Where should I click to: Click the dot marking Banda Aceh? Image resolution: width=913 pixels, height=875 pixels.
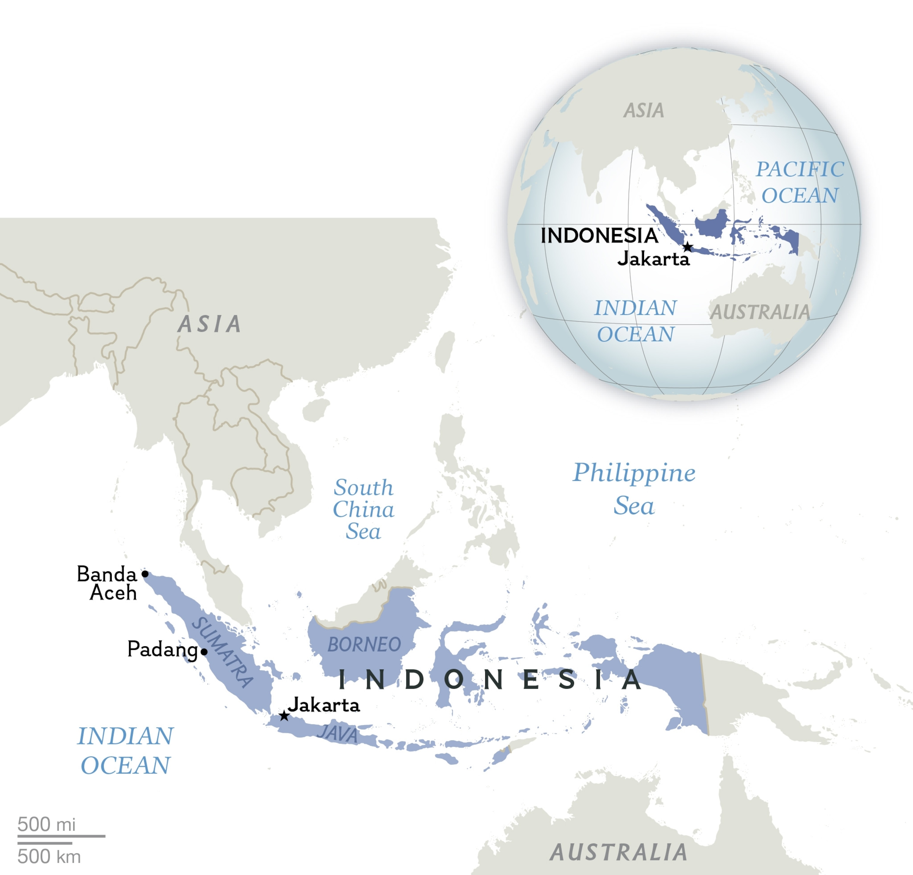tap(145, 574)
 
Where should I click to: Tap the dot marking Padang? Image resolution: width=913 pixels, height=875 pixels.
tap(204, 652)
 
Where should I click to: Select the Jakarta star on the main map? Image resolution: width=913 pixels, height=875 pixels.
tap(284, 716)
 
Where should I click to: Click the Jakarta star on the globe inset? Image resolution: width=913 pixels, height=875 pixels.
tap(687, 247)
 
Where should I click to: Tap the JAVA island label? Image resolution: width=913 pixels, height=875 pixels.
tap(338, 734)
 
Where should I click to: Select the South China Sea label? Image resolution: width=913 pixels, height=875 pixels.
tap(363, 509)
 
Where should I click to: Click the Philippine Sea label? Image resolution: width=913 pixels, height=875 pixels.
tap(634, 489)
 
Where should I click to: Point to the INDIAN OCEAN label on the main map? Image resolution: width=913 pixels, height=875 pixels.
tap(125, 751)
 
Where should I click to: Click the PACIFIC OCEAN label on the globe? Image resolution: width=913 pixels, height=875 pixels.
tap(800, 182)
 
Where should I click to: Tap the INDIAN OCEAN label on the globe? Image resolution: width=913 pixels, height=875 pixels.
tap(635, 321)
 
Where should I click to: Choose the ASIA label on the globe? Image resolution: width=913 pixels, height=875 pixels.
tap(644, 110)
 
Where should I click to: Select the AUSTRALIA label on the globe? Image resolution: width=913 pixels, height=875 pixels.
tap(760, 312)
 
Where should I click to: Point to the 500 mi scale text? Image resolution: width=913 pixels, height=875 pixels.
tap(47, 824)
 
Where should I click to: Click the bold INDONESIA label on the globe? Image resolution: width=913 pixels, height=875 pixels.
tap(599, 236)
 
